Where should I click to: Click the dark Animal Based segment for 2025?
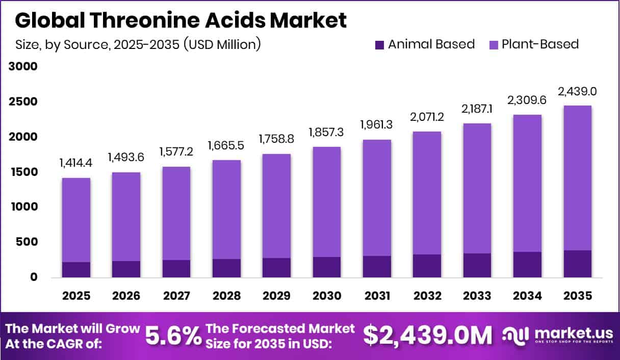[x=76, y=270]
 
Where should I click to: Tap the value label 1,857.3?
[x=326, y=132]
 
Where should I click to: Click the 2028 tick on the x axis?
[x=226, y=296]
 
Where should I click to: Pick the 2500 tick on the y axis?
[x=23, y=102]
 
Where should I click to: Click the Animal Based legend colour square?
[x=379, y=45]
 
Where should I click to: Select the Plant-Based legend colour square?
[x=493, y=45]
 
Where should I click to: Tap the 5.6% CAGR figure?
[x=173, y=336]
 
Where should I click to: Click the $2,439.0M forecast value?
[x=428, y=336]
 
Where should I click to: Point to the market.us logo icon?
[x=516, y=335]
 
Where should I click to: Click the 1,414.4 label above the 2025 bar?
[x=76, y=164]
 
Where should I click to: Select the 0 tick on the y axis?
[x=34, y=277]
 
